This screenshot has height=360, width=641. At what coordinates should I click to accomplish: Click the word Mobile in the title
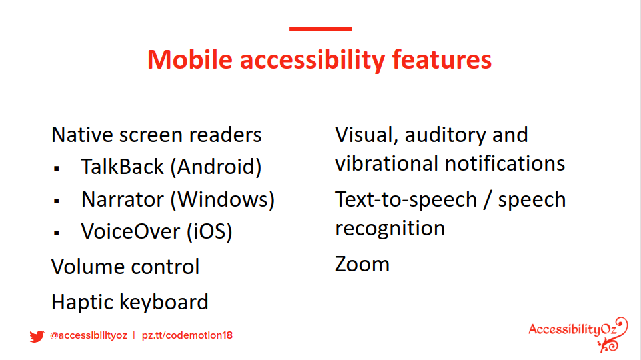(x=190, y=60)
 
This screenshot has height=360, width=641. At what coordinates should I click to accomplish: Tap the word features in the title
(x=442, y=60)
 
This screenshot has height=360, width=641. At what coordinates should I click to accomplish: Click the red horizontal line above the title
(x=320, y=29)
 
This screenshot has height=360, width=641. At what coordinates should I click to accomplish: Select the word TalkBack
(x=122, y=167)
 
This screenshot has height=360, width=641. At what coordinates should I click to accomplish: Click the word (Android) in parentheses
(x=215, y=167)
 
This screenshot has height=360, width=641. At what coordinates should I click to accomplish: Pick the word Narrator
(x=122, y=199)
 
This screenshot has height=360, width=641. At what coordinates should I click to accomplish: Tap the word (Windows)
(x=223, y=199)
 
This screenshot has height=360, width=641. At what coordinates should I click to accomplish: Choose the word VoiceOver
(x=131, y=231)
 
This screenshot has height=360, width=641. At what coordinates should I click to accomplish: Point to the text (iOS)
(x=209, y=231)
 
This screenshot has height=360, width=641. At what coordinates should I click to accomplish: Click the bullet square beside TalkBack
(x=57, y=168)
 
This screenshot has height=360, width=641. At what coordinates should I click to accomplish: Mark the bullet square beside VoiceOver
(x=57, y=233)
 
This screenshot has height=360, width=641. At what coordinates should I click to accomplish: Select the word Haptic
(x=82, y=303)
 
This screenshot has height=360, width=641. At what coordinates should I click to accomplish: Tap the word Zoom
(x=362, y=264)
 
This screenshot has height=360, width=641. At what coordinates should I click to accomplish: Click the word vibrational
(x=386, y=163)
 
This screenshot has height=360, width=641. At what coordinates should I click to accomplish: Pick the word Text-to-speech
(x=406, y=200)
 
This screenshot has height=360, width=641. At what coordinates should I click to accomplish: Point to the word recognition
(x=390, y=228)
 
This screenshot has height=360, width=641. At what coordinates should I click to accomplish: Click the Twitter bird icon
(x=37, y=336)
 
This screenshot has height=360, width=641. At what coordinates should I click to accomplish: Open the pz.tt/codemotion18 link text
(x=187, y=335)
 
